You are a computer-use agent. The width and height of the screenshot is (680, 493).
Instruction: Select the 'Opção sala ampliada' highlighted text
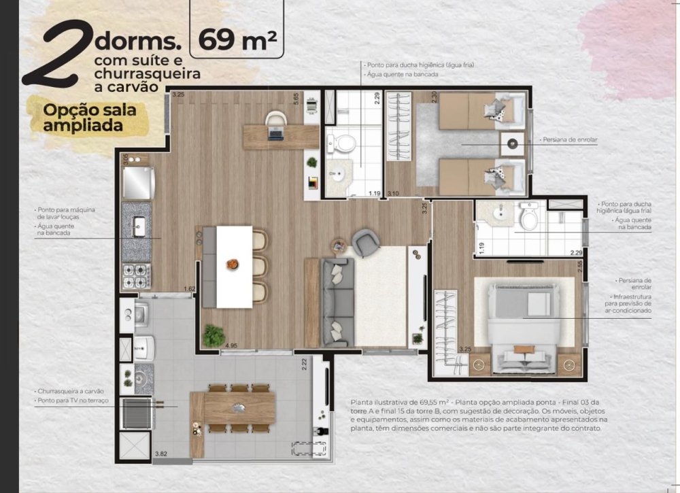tap(89, 118)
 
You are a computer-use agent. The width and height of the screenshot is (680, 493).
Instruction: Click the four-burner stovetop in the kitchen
tap(137, 276)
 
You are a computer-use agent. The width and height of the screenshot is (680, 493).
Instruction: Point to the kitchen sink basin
tap(139, 226)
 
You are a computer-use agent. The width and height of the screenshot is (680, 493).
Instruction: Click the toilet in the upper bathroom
tap(342, 143)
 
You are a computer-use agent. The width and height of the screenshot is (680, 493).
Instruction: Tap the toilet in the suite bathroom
tap(529, 216)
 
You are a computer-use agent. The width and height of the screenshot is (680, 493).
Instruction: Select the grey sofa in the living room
tap(338, 302)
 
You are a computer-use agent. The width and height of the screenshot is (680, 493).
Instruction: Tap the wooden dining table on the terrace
tap(239, 408)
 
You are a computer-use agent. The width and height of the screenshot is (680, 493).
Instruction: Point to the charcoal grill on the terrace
tap(136, 413)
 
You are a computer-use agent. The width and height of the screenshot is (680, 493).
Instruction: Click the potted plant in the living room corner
tap(214, 335)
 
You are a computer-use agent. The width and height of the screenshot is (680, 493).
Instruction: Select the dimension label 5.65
tap(296, 99)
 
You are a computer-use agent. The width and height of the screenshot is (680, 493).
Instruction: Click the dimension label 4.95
tap(231, 345)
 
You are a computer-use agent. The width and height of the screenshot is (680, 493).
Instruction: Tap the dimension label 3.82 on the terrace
tap(161, 454)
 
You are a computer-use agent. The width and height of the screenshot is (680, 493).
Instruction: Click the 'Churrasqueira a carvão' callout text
tap(71, 391)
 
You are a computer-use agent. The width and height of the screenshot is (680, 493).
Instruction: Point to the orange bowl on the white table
tap(233, 264)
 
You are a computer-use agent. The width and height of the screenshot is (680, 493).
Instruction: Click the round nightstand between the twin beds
tap(512, 143)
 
